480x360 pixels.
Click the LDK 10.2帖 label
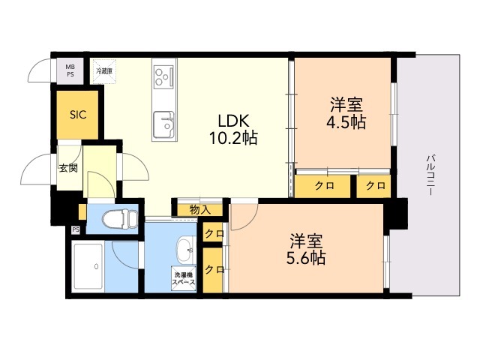point(234,129)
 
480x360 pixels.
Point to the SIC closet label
point(78,115)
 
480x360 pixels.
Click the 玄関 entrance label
point(69,169)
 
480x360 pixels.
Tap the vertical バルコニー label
point(431,175)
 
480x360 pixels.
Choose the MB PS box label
point(70,70)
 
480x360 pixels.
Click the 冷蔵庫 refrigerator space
point(103,72)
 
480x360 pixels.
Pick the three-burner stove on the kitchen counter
point(163,76)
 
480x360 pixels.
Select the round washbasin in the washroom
point(184,249)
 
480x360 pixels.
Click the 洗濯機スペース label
point(184,277)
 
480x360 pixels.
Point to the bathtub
point(88,266)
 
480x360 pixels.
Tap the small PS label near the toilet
point(75,230)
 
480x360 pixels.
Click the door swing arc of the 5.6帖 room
point(244,216)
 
